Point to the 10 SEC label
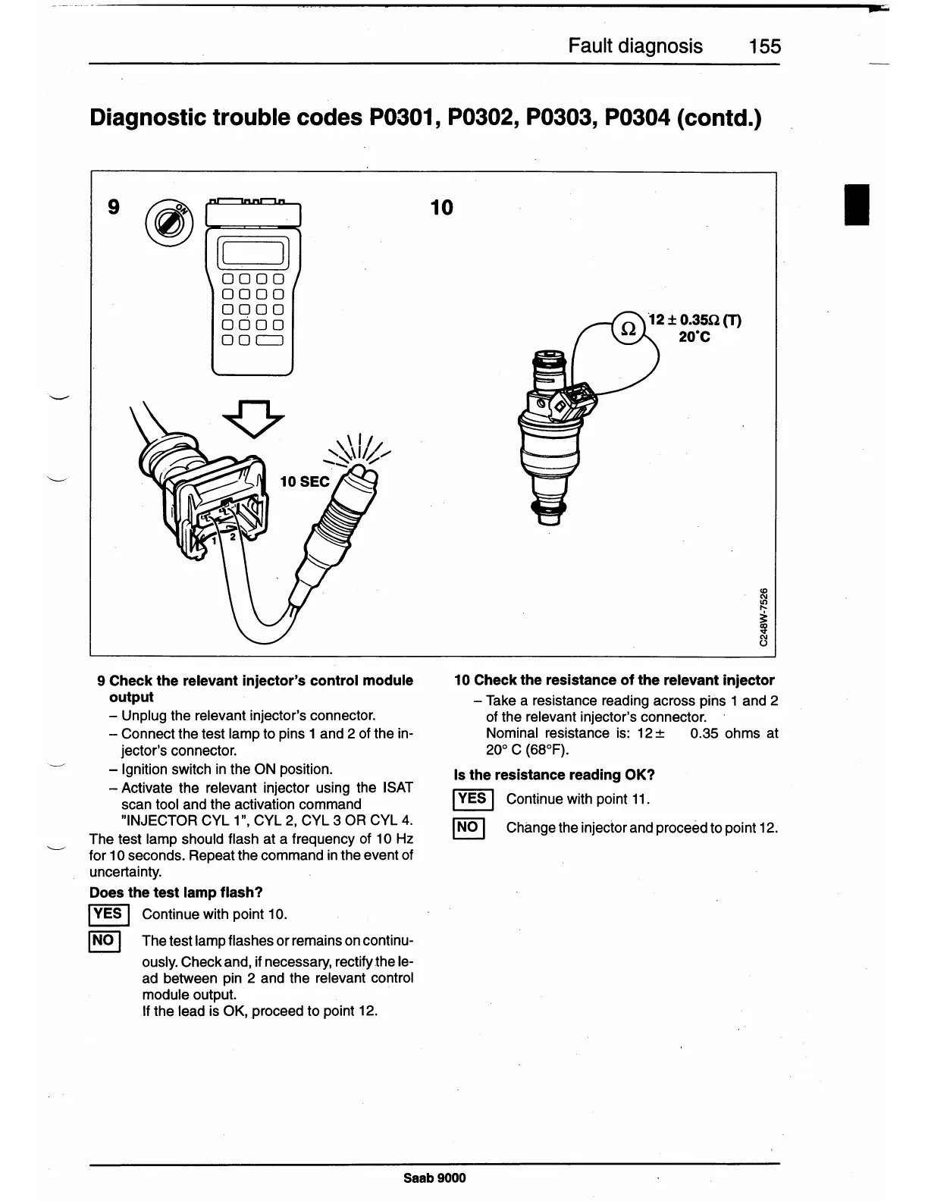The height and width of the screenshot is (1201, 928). coord(305,482)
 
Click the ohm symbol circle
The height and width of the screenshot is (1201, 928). coord(628,329)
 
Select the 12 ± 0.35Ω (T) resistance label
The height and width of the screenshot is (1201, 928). coord(694,320)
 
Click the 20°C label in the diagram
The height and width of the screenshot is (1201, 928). coord(694,337)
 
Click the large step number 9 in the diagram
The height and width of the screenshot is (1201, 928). coord(114,206)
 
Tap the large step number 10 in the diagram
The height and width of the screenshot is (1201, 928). coord(441,206)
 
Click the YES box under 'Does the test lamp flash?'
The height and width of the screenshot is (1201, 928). coord(110,914)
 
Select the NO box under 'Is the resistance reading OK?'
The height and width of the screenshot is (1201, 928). coord(467,827)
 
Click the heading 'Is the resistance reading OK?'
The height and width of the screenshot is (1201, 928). coord(553,775)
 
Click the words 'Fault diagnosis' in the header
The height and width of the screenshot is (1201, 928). coord(635,47)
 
